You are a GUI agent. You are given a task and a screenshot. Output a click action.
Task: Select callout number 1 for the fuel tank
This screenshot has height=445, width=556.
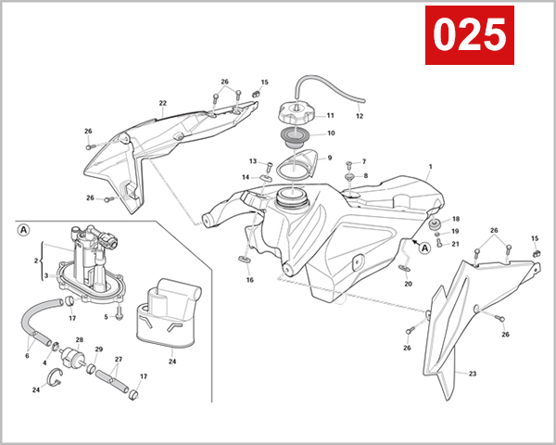pos(430,169)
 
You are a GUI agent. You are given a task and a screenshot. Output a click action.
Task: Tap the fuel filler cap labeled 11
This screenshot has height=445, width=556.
pos(298,118)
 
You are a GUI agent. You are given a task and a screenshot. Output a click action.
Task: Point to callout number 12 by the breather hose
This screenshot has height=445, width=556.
pos(360,117)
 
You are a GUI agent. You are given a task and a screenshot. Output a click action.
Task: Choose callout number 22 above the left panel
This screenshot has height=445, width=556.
pos(162,103)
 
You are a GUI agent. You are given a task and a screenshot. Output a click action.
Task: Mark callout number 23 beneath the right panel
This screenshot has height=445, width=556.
pos(472,375)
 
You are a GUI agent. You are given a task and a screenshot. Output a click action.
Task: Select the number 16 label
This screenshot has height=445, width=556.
pos(249,279)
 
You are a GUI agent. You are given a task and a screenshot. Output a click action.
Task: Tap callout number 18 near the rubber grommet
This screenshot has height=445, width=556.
pos(455,219)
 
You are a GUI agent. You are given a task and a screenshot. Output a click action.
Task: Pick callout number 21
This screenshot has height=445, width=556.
pos(455,244)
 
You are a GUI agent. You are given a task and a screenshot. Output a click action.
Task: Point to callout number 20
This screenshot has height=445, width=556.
pos(408,285)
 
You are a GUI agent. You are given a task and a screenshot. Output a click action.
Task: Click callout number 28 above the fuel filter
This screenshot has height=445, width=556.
pos(79,340)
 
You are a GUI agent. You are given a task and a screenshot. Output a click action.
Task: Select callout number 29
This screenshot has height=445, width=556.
pos(99,350)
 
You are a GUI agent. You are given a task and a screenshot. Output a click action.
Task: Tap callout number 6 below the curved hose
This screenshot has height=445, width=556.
pos(28,356)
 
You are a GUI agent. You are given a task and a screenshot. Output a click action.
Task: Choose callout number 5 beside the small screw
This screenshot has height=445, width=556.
pos(107,317)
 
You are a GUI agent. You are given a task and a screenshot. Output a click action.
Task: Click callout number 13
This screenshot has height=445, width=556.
pos(252,161)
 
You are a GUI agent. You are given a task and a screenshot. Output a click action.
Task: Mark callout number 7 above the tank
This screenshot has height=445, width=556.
pos(363,161)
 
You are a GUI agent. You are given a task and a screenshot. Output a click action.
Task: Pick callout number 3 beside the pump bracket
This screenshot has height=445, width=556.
pos(44,276)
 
